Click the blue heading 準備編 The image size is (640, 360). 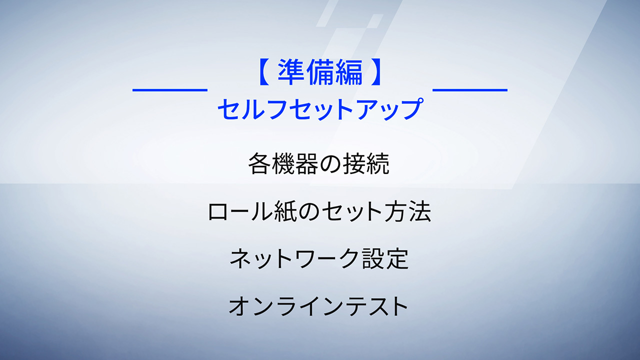point(320,72)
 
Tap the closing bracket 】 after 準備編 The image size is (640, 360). point(376,72)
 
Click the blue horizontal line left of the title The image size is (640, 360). point(170,90)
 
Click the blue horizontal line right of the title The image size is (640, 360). point(470,90)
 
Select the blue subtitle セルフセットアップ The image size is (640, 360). point(320,109)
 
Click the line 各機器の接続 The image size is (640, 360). point(318,163)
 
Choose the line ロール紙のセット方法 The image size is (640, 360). point(319,211)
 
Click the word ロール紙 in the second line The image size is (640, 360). point(251,211)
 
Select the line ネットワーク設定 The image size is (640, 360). point(319,258)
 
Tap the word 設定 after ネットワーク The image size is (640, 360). point(385,258)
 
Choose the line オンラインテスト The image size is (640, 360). point(318,306)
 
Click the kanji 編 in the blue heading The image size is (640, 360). point(349,72)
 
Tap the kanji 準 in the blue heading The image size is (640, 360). point(291,72)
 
